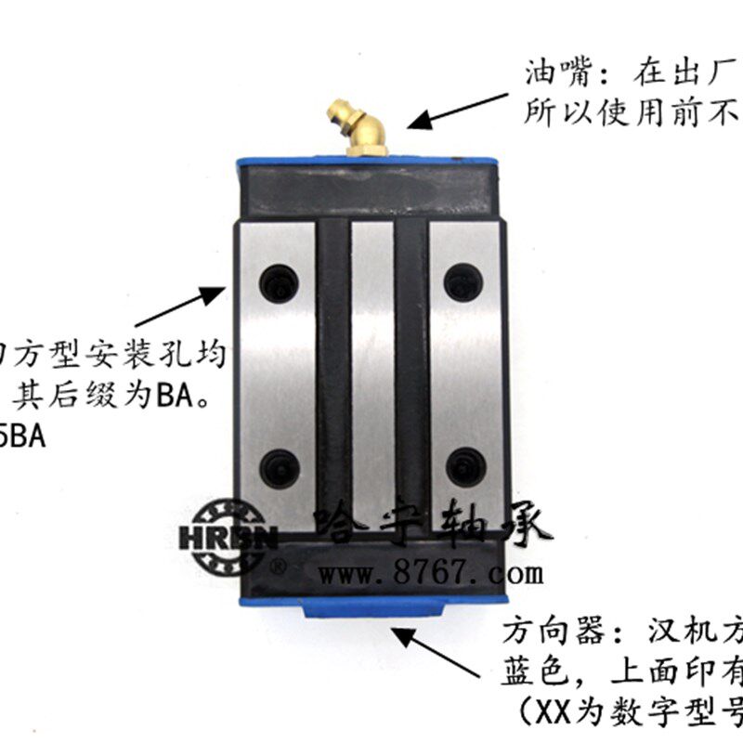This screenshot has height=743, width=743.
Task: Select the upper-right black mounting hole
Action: (x=462, y=281)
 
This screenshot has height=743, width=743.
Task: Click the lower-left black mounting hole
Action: (x=278, y=466)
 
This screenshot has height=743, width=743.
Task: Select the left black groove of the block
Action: (x=332, y=371)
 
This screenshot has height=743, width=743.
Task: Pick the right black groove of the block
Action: (x=411, y=371)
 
